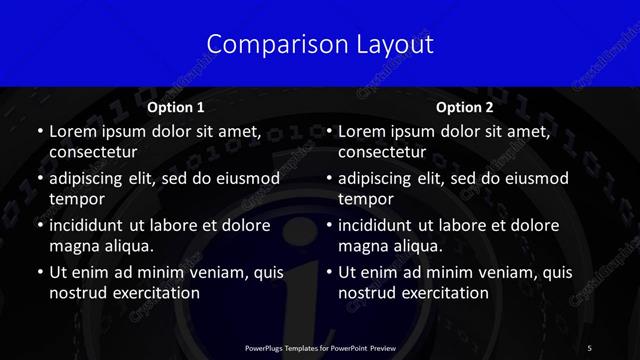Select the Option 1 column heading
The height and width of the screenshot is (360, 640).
point(176,107)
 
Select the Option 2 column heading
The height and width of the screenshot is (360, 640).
point(465,107)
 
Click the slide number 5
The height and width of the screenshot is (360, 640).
point(589,348)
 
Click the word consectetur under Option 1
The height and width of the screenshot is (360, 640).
point(93,153)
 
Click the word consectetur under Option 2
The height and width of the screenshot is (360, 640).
point(382,153)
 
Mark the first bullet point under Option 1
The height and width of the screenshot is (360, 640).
point(39,131)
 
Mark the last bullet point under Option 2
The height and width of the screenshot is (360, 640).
point(328,272)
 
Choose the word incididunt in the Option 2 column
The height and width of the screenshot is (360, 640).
point(376,225)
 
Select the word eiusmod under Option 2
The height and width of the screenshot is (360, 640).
point(536,179)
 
